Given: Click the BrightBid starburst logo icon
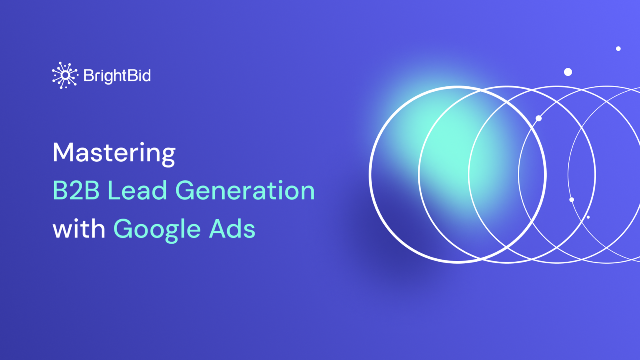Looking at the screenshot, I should click(x=65, y=75).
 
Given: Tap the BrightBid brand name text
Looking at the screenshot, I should click(x=117, y=76).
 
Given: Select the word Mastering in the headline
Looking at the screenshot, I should click(x=114, y=153).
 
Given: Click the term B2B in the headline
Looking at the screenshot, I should click(x=76, y=191).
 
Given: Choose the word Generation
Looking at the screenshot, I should click(x=245, y=191).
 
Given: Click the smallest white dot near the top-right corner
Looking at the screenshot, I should click(x=618, y=49).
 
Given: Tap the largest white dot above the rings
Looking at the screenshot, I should click(x=568, y=72).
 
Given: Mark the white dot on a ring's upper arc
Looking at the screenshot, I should click(x=539, y=119).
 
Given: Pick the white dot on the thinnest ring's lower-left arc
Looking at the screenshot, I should click(x=572, y=200).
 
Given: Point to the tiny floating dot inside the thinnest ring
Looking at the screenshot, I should click(x=588, y=217).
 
